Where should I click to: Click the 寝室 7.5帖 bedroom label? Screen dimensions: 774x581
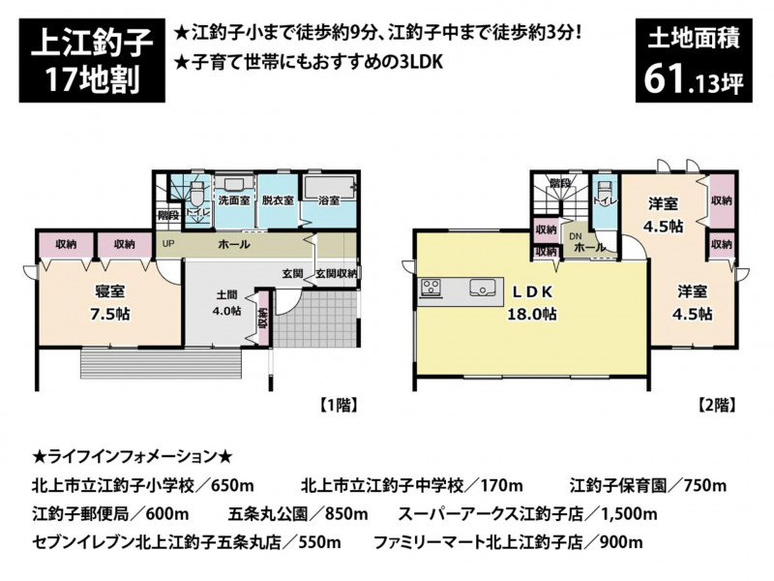click(110, 302)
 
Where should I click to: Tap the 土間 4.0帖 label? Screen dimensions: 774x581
click(227, 303)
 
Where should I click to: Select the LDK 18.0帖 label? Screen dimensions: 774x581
click(532, 302)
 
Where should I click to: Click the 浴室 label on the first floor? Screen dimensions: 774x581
click(329, 200)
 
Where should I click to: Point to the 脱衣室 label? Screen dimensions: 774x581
click(278, 200)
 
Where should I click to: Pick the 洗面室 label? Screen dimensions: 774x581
click(234, 200)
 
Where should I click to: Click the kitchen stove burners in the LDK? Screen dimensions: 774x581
click(431, 288)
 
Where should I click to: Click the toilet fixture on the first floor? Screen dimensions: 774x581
click(198, 195)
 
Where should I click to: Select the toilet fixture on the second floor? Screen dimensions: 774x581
click(604, 191)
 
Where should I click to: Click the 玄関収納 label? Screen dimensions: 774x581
click(335, 273)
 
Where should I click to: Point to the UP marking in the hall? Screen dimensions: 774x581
click(168, 244)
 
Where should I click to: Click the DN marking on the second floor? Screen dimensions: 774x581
click(576, 236)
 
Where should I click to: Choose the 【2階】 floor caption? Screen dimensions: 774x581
click(717, 406)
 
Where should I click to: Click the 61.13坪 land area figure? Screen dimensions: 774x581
click(694, 80)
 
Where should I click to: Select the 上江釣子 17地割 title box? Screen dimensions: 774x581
click(92, 60)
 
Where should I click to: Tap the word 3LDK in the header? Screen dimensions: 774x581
click(419, 63)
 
